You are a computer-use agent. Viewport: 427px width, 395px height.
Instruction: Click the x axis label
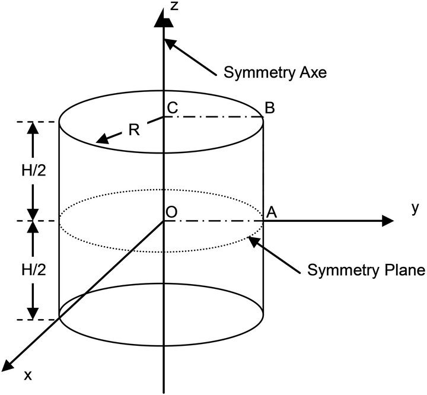(x=27, y=375)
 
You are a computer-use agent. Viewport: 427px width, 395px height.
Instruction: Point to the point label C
(x=173, y=109)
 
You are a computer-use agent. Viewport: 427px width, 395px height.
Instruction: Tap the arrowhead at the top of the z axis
(x=163, y=20)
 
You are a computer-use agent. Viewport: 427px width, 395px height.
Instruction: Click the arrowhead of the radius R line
(x=100, y=141)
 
